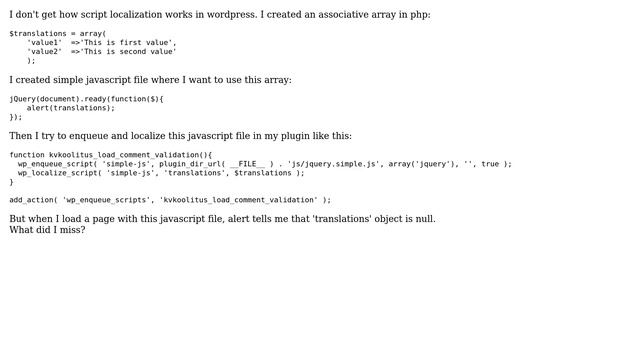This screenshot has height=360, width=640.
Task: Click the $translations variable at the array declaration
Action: pos(39,33)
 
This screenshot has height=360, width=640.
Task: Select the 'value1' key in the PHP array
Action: pos(44,42)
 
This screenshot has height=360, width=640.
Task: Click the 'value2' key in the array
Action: pos(44,51)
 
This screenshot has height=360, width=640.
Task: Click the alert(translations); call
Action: pos(71,108)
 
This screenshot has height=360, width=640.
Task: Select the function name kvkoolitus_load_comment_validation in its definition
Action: pos(125,155)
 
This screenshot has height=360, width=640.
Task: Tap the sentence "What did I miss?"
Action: pos(47,230)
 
